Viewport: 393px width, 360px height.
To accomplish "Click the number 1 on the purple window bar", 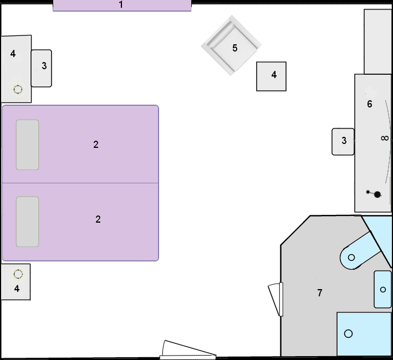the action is pyautogui.click(x=121, y=4).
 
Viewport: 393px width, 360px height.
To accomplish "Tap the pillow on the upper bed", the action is pyautogui.click(x=28, y=145).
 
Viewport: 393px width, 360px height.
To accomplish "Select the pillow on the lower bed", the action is pyautogui.click(x=28, y=222).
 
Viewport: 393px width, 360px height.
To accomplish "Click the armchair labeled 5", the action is pyautogui.click(x=231, y=45).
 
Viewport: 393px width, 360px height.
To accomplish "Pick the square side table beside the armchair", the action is pyautogui.click(x=271, y=76).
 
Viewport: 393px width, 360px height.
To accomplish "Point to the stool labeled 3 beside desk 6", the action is pyautogui.click(x=343, y=142).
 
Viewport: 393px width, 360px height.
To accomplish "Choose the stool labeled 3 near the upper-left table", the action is pyautogui.click(x=42, y=68).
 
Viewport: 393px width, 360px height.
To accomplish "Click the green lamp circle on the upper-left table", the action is pyautogui.click(x=18, y=89).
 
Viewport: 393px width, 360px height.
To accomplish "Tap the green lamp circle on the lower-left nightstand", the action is pyautogui.click(x=18, y=274).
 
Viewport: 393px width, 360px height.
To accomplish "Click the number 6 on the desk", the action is pyautogui.click(x=369, y=104).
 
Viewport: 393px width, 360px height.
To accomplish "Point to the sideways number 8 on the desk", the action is pyautogui.click(x=385, y=138).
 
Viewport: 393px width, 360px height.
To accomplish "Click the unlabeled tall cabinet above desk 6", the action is pyautogui.click(x=377, y=42).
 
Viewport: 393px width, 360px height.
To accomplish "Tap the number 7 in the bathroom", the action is pyautogui.click(x=320, y=292).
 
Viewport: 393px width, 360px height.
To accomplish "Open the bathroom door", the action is pyautogui.click(x=276, y=299).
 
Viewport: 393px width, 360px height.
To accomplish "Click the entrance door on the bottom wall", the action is pyautogui.click(x=188, y=350).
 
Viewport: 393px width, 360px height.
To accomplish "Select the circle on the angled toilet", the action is pyautogui.click(x=351, y=258).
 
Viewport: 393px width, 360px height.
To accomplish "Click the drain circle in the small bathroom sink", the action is pyautogui.click(x=382, y=290).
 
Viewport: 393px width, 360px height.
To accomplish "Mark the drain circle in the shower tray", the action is pyautogui.click(x=349, y=333).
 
